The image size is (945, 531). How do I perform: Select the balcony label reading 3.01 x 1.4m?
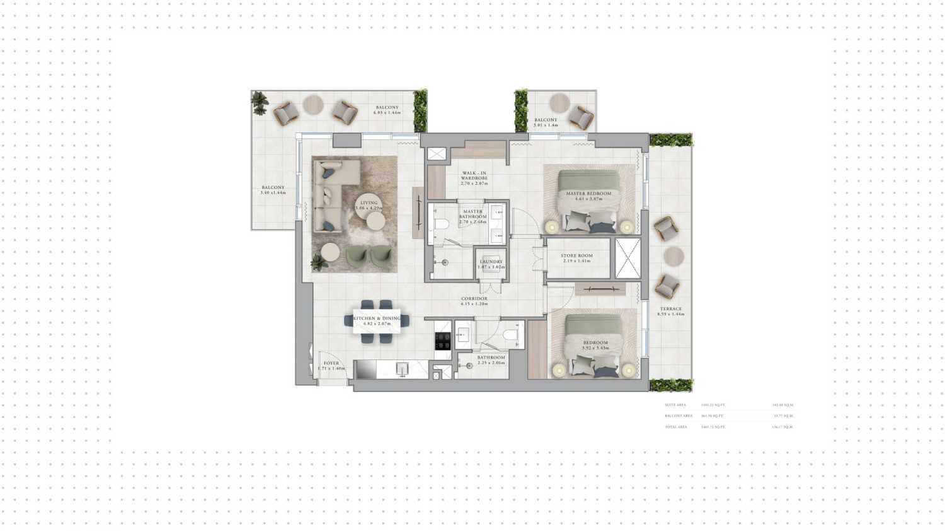(546, 122)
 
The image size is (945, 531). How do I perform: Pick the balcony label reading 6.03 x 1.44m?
(387, 110)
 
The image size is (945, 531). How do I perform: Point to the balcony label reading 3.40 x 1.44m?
(273, 190)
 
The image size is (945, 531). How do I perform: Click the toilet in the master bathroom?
(441, 224)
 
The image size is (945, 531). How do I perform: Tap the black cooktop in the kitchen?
(443, 341)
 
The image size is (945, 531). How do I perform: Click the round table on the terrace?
(673, 256)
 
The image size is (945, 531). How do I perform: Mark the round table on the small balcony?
(559, 103)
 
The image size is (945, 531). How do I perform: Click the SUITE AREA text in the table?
(675, 405)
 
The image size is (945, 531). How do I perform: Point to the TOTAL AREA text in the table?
(675, 427)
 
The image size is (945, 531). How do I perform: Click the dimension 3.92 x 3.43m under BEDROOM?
(595, 347)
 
